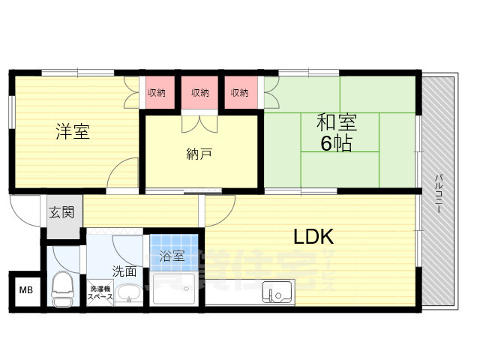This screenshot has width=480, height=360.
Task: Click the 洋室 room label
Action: [73, 132]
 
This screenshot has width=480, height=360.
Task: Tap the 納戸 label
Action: [199, 154]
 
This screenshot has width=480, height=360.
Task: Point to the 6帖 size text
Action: [336, 144]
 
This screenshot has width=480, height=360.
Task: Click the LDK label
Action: [313, 237]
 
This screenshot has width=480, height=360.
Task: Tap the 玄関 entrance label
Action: [62, 212]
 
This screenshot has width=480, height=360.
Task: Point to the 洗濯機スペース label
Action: [100, 292]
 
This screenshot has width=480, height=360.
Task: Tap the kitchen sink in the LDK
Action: [277, 290]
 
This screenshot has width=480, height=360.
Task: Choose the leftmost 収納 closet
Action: [156, 92]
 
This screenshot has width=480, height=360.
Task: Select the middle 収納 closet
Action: [199, 92]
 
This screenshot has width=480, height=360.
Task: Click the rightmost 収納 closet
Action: [240, 92]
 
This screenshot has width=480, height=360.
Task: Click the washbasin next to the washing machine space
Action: [130, 292]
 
